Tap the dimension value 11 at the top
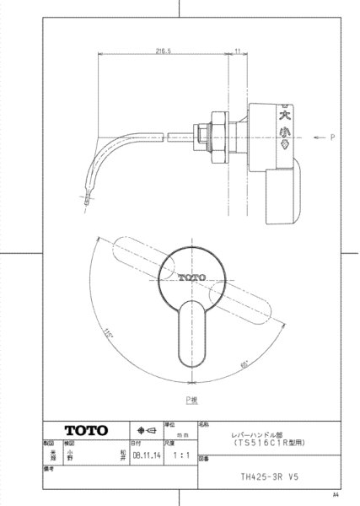tap(239, 50)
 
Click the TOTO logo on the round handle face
tap(191, 277)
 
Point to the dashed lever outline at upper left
tap(135, 252)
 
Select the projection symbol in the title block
tap(144, 428)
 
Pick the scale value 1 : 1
tap(178, 452)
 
